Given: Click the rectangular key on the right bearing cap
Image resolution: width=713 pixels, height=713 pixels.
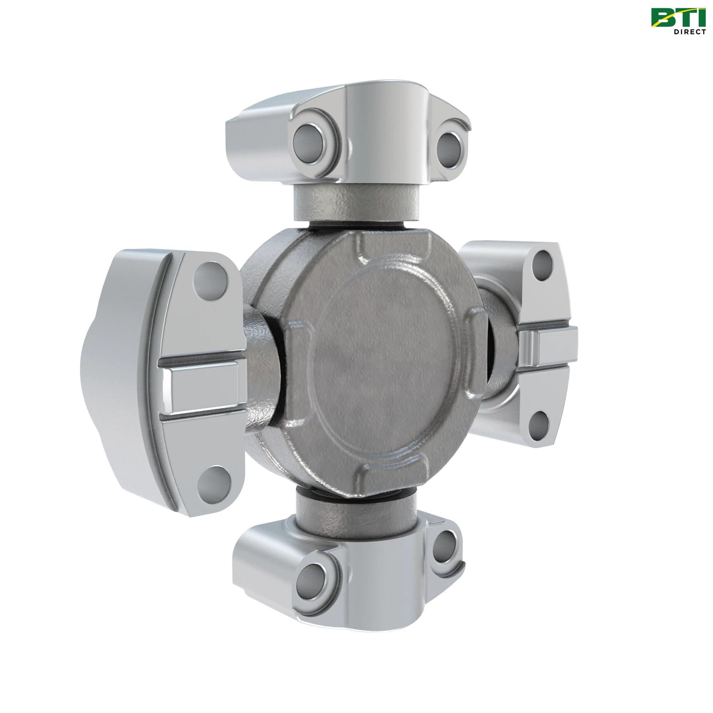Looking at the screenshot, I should pyautogui.click(x=548, y=339).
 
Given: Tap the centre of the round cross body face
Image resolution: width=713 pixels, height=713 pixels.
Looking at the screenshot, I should pyautogui.click(x=384, y=364).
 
